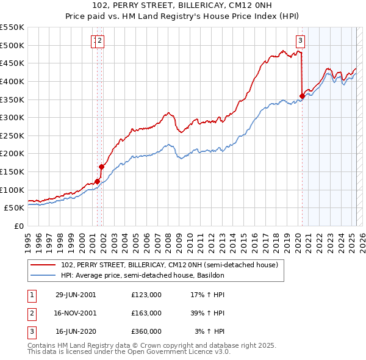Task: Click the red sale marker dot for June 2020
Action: coord(302,95)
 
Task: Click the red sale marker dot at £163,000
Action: coord(102,167)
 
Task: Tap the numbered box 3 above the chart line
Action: coord(301,41)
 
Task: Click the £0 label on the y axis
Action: coord(19,226)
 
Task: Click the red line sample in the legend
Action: coord(43,265)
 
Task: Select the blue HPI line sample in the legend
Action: coord(43,275)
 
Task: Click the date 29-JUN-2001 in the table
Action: coord(76,295)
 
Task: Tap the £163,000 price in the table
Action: coord(146,313)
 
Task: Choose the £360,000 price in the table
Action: coord(146,331)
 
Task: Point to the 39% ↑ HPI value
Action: coord(208,313)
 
